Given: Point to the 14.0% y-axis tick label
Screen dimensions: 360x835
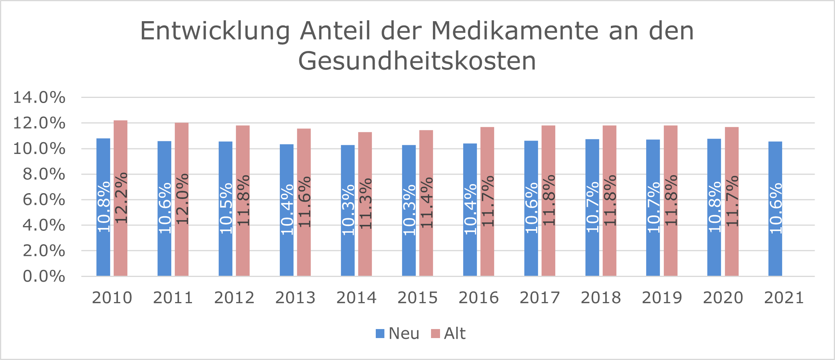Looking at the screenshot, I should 39,97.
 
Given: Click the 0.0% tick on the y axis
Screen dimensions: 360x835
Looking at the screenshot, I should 44,276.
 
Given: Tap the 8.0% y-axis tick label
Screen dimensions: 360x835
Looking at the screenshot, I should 44,174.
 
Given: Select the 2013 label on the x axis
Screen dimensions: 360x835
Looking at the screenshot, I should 295,298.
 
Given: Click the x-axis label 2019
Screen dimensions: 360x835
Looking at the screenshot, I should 662,298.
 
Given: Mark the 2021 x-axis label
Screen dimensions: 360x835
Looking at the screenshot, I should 784,298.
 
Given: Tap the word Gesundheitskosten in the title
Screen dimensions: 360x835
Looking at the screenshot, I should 417,61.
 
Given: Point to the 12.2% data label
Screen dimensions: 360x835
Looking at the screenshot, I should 121,198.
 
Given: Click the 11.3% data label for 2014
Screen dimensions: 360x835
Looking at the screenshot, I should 365,204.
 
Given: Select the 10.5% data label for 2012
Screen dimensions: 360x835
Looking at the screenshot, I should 226,208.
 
